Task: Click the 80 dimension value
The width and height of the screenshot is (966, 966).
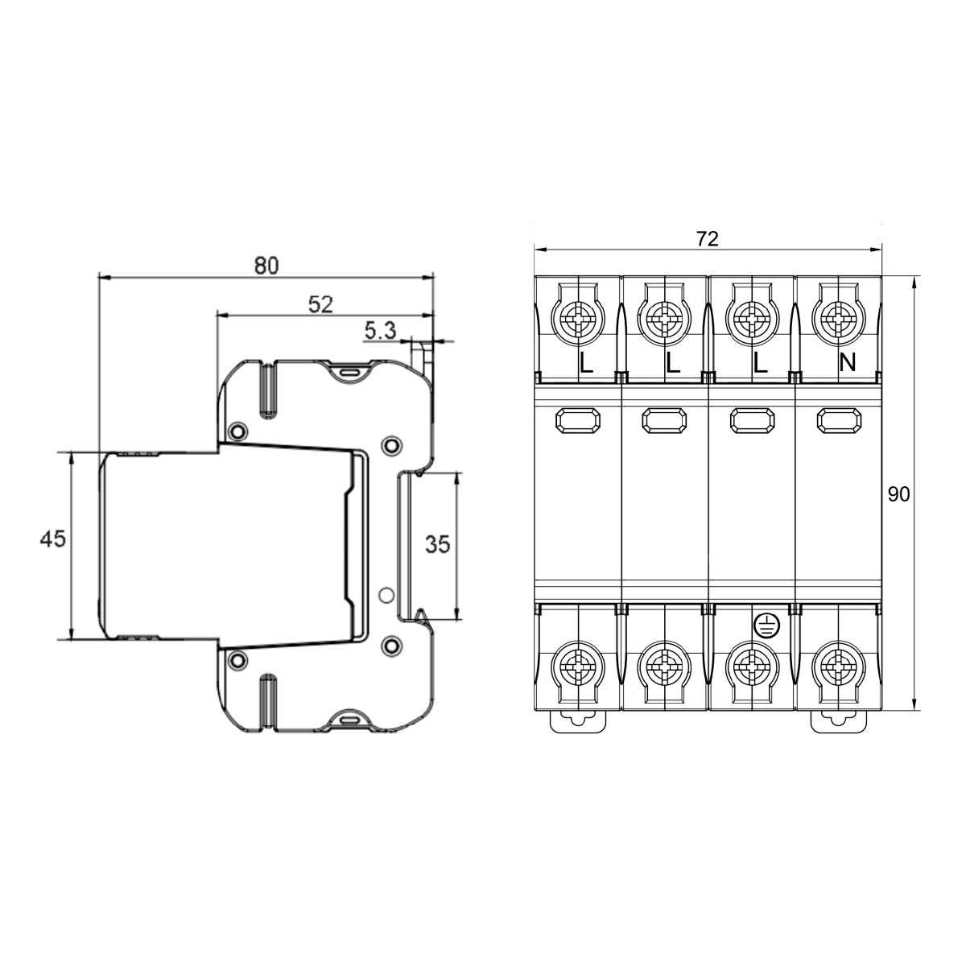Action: [x=266, y=265]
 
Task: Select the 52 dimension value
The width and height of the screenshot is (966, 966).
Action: [x=321, y=303]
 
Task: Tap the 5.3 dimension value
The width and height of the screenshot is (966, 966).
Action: [x=380, y=330]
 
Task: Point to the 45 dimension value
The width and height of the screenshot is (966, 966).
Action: [x=53, y=539]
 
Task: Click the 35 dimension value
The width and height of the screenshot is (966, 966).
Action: [x=437, y=545]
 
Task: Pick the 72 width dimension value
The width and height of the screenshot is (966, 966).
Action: [x=707, y=238]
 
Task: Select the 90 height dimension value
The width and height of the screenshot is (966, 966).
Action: [x=898, y=494]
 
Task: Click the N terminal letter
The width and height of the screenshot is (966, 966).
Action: [x=847, y=364]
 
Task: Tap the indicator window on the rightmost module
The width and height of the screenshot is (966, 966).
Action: [x=838, y=419]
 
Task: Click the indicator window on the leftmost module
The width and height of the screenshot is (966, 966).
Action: [x=578, y=419]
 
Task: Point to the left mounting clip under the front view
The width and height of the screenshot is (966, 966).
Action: [x=577, y=721]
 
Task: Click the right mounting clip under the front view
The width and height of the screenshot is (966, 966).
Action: [x=838, y=721]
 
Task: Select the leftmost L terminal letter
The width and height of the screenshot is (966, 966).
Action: [x=586, y=364]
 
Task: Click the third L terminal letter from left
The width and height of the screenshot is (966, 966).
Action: [x=760, y=364]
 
